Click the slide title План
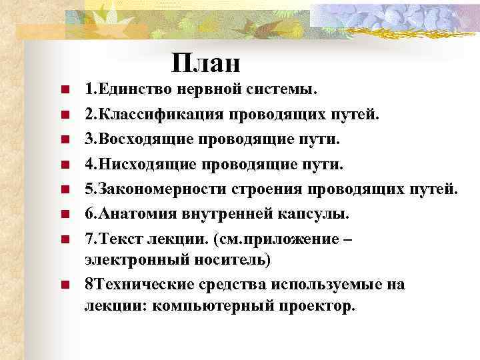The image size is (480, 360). pyautogui.click(x=205, y=63)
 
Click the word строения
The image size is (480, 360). pyautogui.click(x=266, y=189)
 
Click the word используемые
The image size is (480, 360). pyautogui.click(x=325, y=284)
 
